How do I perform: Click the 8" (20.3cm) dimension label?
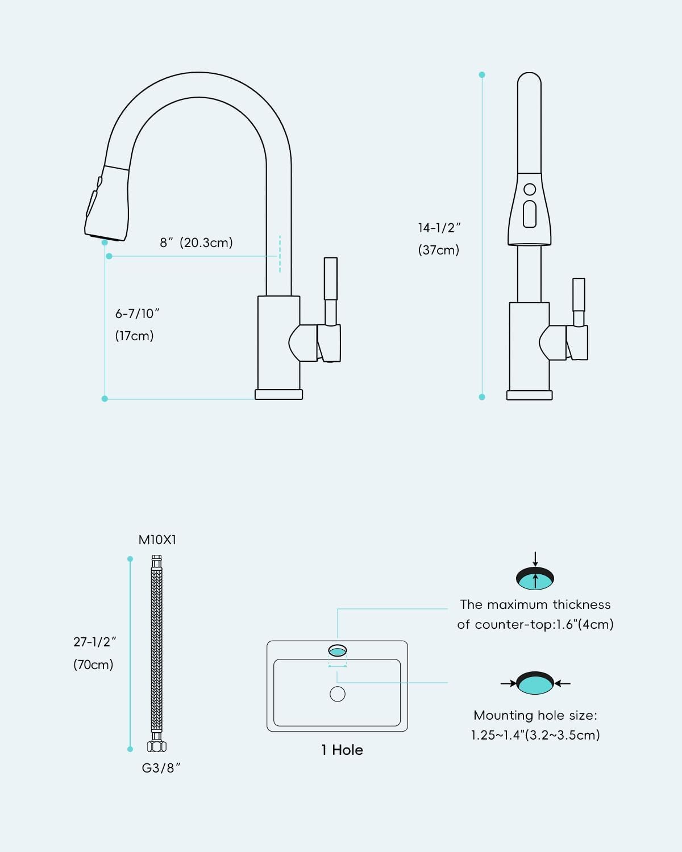click(x=196, y=243)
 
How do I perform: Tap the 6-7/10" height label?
click(x=137, y=314)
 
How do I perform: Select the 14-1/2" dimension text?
click(x=439, y=228)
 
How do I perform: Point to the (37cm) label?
click(x=439, y=250)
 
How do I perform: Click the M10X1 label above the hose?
click(x=157, y=540)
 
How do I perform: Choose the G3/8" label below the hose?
click(x=161, y=768)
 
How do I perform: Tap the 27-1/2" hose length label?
click(x=94, y=642)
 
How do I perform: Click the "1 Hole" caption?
click(x=342, y=750)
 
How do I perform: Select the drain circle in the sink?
click(x=337, y=694)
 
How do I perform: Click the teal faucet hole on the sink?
click(x=338, y=651)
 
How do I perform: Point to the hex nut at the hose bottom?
click(x=156, y=747)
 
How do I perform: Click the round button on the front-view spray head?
click(x=530, y=189)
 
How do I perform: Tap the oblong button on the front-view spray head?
click(x=530, y=214)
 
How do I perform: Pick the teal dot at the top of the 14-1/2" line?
click(x=482, y=74)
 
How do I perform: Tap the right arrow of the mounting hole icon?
click(x=562, y=683)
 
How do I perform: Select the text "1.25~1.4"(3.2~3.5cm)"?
click(x=535, y=735)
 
